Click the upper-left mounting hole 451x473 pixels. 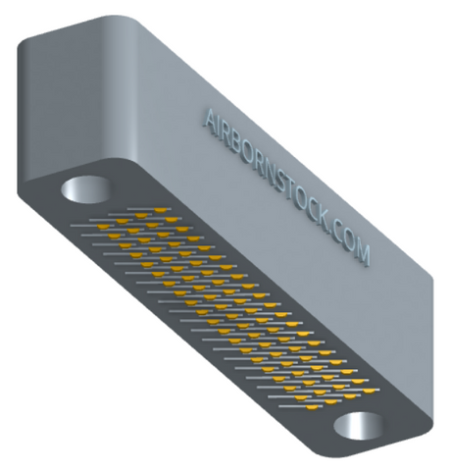(x=86, y=189)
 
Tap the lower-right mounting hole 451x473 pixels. (x=359, y=426)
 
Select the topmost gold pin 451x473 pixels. (x=160, y=210)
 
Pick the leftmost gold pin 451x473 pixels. (x=103, y=227)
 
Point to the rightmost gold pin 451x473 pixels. (x=369, y=391)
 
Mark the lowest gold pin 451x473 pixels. (x=312, y=407)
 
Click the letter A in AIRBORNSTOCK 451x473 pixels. (x=212, y=121)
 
